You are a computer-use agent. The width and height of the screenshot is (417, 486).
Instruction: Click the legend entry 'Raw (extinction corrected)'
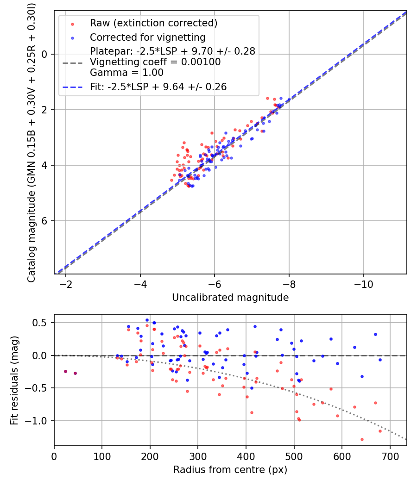[153, 23]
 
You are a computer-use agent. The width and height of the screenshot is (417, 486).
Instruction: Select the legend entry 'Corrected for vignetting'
[147, 37]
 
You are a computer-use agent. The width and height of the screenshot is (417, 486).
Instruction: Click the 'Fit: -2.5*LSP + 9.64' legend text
[158, 87]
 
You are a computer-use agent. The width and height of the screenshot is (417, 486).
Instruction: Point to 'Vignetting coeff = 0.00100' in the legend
[155, 62]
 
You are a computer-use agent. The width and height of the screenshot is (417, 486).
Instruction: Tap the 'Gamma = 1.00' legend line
[126, 73]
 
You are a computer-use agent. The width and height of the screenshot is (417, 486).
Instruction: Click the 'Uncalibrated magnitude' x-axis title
[230, 298]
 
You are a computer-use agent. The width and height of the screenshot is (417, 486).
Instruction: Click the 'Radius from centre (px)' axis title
[230, 470]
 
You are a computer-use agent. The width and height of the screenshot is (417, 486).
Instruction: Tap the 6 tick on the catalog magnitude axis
[45, 221]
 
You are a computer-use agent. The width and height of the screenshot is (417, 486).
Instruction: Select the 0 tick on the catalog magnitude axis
[45, 54]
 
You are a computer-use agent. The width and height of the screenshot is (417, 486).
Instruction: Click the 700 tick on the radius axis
[390, 456]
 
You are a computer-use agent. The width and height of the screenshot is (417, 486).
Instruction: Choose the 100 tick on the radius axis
[102, 456]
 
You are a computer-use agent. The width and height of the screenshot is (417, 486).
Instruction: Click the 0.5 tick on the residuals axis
[42, 323]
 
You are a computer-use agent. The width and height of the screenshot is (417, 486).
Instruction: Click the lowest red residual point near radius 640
[362, 439]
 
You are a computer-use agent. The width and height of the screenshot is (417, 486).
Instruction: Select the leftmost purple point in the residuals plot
[65, 371]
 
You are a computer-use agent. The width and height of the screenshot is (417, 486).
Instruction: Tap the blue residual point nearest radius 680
[380, 360]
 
